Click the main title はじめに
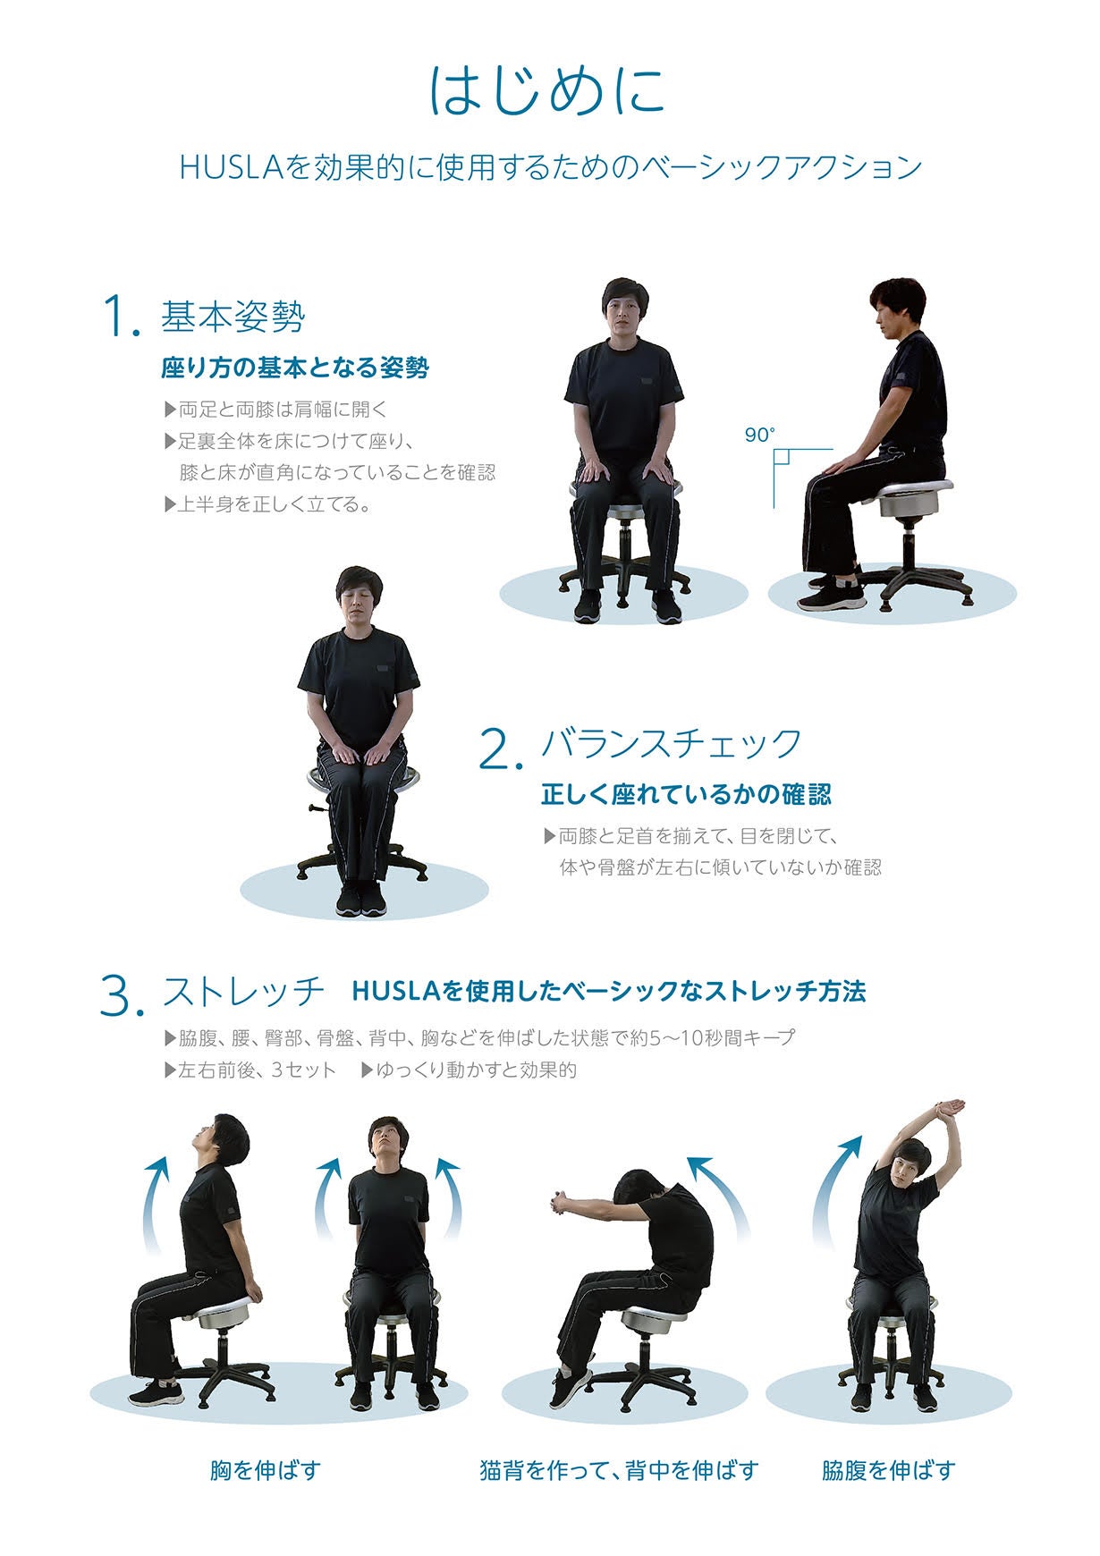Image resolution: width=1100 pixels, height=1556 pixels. pos(547,90)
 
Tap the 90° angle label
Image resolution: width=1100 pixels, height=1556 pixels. pos(759,436)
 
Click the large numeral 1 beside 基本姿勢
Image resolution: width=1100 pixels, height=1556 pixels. pos(121,317)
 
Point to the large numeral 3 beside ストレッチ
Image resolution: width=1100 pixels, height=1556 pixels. pos(122,994)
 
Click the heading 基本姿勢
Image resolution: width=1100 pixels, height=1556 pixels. pos(233,317)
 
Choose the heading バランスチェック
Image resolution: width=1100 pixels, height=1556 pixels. pos(672,743)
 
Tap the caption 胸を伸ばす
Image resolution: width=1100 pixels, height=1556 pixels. pos(266,1469)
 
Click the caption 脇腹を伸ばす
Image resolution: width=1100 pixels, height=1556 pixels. pos(888,1469)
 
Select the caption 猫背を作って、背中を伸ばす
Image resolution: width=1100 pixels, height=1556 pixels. pos(619,1469)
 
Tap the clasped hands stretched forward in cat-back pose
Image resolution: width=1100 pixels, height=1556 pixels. pos(562,1203)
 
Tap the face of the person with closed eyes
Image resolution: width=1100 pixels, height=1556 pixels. pos(358,604)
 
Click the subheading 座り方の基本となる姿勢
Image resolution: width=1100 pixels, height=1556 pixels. pos(294,368)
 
